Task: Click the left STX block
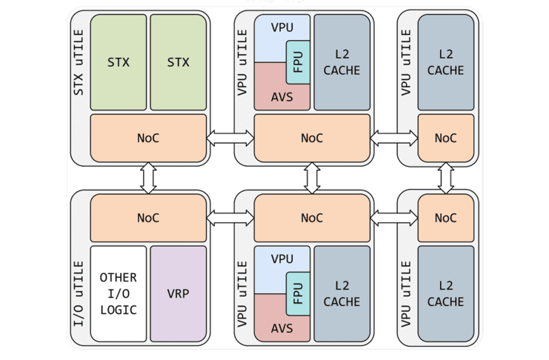(x=119, y=62)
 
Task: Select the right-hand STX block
(x=178, y=62)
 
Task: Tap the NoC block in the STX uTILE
(x=148, y=137)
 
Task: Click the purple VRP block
(x=178, y=293)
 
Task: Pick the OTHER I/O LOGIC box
(x=119, y=293)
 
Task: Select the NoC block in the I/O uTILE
(x=148, y=218)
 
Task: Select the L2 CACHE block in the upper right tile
(x=445, y=62)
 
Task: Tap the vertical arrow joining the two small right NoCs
(x=445, y=177)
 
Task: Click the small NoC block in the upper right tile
(x=445, y=138)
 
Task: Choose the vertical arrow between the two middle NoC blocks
(x=312, y=177)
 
